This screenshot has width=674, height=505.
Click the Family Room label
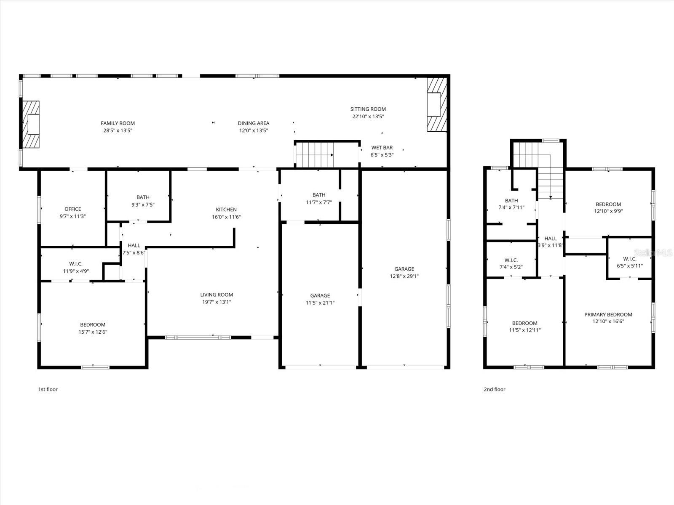[118, 123]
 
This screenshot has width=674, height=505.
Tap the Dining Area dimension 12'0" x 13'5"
[253, 130]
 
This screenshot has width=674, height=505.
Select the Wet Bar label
[382, 148]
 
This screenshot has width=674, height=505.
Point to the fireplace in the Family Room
[31, 125]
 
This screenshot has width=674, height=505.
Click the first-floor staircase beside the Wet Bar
[315, 154]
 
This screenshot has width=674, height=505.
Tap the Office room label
[72, 209]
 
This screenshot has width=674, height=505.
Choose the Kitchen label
[226, 210]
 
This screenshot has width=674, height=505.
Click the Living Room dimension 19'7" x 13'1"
[217, 302]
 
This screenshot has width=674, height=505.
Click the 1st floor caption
[48, 389]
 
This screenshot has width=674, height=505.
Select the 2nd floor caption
[494, 389]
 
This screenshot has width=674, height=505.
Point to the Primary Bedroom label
[608, 315]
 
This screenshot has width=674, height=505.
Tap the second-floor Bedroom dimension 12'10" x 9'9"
[608, 212]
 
